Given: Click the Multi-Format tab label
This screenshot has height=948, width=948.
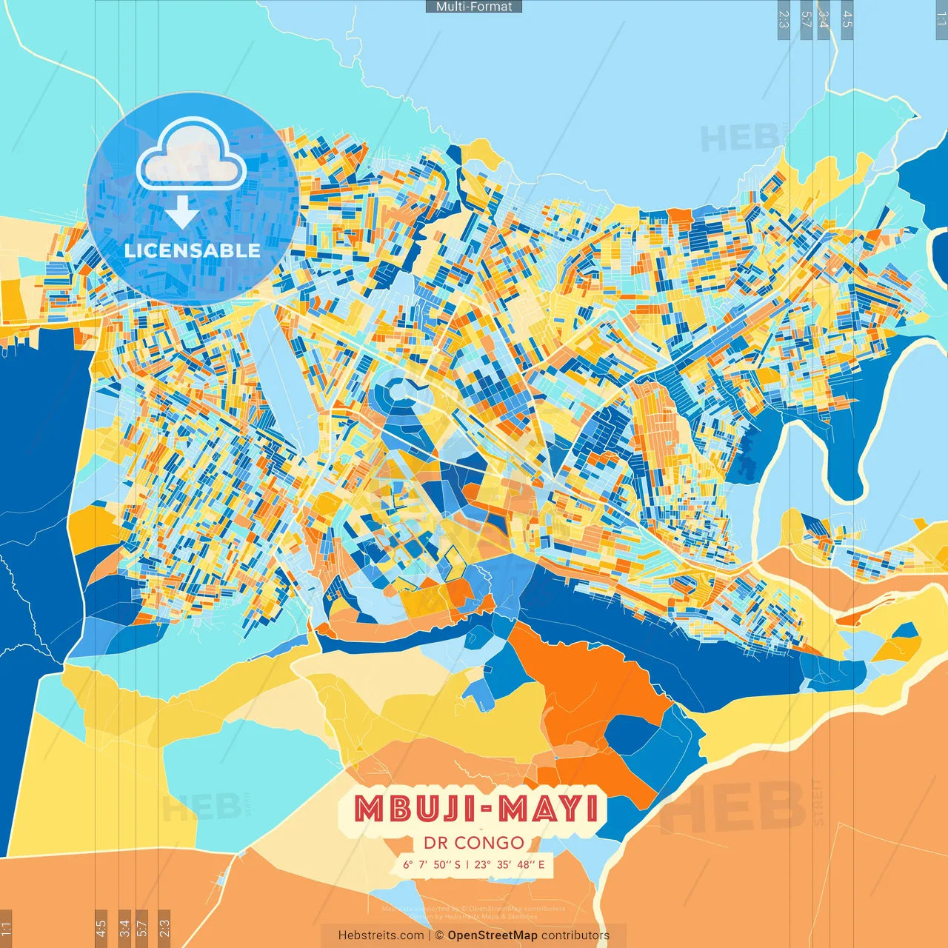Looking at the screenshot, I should pyautogui.click(x=474, y=7).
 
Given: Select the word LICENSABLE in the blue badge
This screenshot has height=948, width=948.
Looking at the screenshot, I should pyautogui.click(x=193, y=250).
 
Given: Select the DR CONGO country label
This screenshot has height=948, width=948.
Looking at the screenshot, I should pyautogui.click(x=474, y=843).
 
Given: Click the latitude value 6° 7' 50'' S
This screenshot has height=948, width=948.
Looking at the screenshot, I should pyautogui.click(x=431, y=864).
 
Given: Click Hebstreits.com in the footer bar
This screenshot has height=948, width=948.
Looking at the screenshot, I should pyautogui.click(x=381, y=935).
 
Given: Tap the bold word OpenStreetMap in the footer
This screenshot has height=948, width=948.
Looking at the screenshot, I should pyautogui.click(x=493, y=935).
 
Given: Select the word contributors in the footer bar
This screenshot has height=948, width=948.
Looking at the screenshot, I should pyautogui.click(x=575, y=935).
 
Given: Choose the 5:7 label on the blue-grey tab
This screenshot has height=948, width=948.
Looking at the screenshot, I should pyautogui.click(x=806, y=19).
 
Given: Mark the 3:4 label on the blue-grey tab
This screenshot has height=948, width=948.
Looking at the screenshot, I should pyautogui.click(x=823, y=19).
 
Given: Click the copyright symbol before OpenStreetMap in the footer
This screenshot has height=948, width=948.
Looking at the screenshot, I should pyautogui.click(x=439, y=935).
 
